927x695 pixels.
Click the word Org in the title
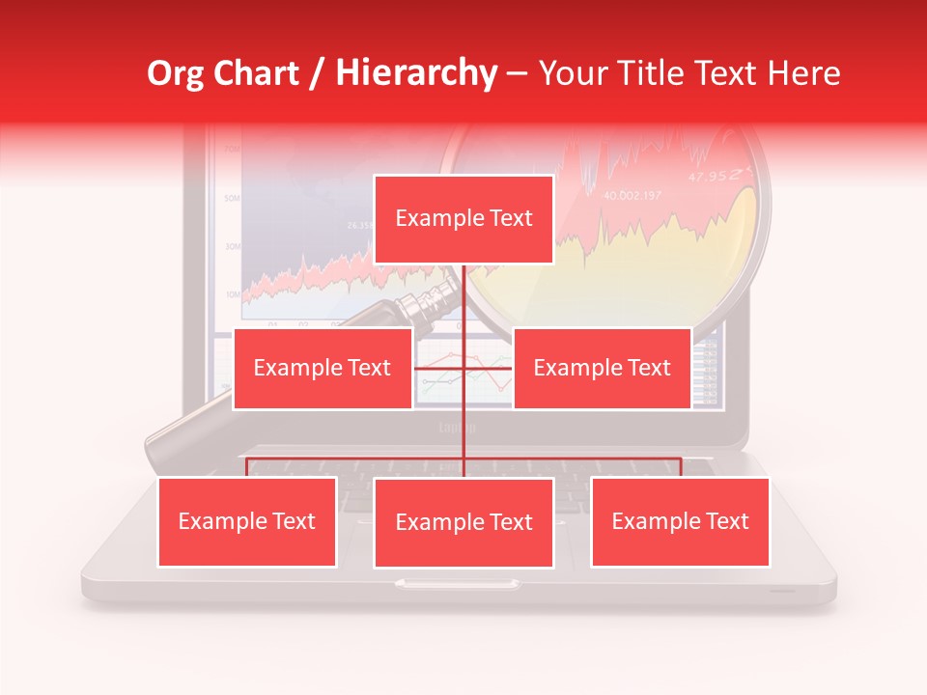(x=176, y=73)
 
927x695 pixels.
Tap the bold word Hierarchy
(x=415, y=73)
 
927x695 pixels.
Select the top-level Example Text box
(x=463, y=219)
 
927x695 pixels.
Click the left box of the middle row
(x=322, y=368)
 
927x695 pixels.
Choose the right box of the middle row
(x=602, y=368)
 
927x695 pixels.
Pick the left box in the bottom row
(x=247, y=521)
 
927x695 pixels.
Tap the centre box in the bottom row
(x=463, y=522)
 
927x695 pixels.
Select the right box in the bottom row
(x=680, y=521)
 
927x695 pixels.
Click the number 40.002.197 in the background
(x=632, y=196)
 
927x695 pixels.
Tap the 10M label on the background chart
(x=232, y=293)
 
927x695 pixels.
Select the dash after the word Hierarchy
(x=517, y=73)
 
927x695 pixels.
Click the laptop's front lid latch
(x=456, y=583)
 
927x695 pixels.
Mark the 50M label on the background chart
(x=232, y=198)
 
